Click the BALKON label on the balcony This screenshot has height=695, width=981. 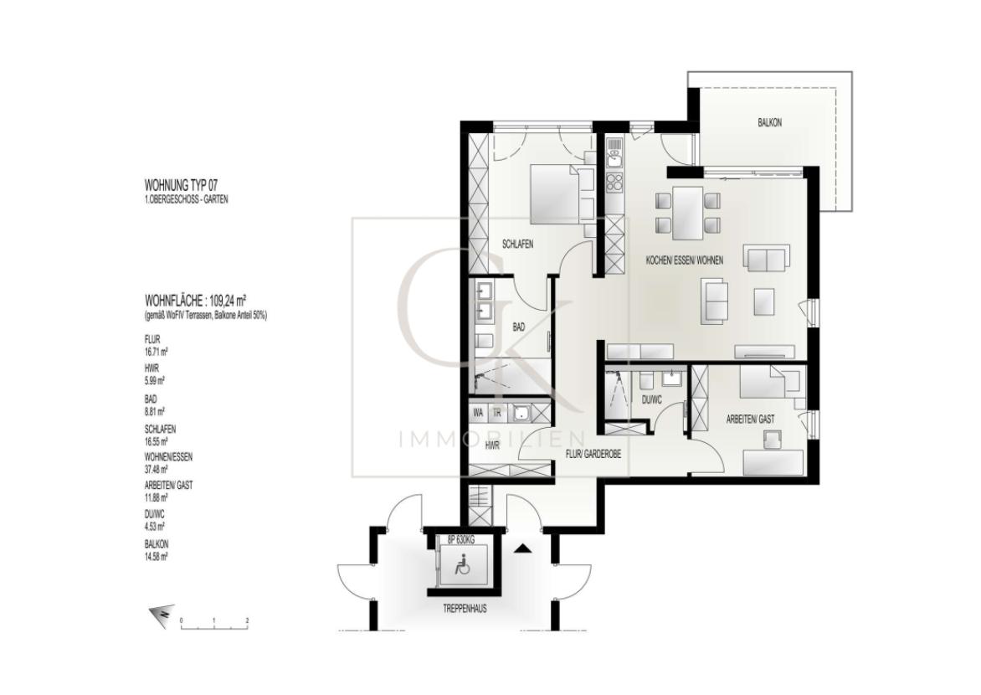(769, 122)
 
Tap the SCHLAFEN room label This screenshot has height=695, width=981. (517, 245)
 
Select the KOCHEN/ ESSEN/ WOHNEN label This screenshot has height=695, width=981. (684, 260)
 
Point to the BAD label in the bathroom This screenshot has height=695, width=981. (519, 328)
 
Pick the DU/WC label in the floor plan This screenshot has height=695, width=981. (651, 400)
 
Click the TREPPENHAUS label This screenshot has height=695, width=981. (465, 609)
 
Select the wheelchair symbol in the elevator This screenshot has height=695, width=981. (461, 566)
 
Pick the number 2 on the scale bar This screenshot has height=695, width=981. (248, 621)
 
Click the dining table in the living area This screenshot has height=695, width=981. (688, 213)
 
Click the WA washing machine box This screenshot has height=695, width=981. (478, 413)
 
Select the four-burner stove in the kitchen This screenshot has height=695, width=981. (614, 182)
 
